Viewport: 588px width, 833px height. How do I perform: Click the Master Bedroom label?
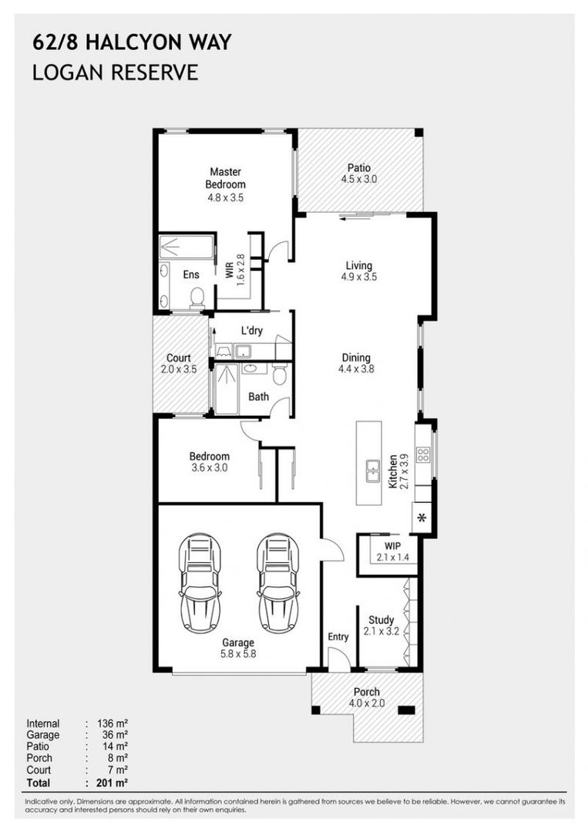pos(226,178)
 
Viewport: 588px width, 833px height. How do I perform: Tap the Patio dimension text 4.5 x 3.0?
pos(359,179)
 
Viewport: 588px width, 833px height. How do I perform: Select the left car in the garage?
pos(200,583)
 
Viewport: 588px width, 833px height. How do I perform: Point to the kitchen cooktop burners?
pos(424,454)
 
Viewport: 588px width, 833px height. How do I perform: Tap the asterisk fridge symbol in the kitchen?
pos(422,518)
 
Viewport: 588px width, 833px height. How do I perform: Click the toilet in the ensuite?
pos(197,297)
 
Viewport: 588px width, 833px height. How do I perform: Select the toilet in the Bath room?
pos(280,373)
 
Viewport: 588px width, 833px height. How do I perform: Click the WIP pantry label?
pos(393,545)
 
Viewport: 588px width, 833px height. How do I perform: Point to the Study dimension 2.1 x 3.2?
pos(381,632)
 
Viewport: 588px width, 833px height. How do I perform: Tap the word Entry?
pos(338,636)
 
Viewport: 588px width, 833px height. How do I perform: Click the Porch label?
pos(367,692)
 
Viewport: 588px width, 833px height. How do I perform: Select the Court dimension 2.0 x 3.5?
pos(179,369)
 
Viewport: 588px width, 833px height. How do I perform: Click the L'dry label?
pos(252,330)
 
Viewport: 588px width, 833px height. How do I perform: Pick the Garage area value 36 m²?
pos(115,735)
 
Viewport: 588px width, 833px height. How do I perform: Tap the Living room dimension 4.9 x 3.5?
pos(359,277)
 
